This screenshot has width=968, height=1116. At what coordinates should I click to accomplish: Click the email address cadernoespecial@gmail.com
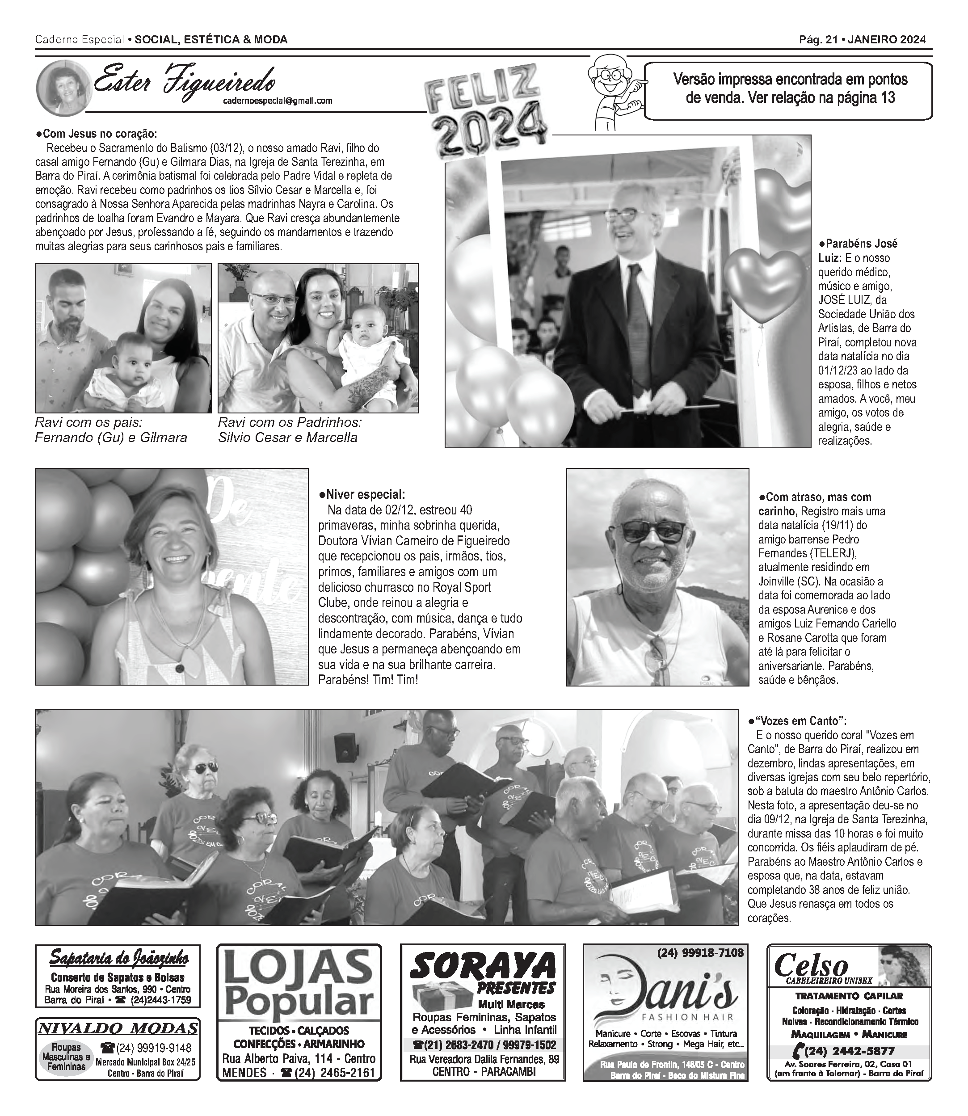pyautogui.click(x=278, y=101)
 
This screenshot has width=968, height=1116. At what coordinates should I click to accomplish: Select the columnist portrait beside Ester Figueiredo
pyautogui.click(x=63, y=88)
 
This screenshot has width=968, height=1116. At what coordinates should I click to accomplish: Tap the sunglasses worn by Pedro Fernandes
pyautogui.click(x=653, y=532)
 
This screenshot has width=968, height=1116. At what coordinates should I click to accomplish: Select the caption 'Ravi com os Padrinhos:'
pyautogui.click(x=290, y=422)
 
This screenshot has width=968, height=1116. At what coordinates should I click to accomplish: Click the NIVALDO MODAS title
pyautogui.click(x=118, y=1028)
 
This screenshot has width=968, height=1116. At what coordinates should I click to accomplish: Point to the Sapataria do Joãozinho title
pyautogui.click(x=119, y=959)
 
